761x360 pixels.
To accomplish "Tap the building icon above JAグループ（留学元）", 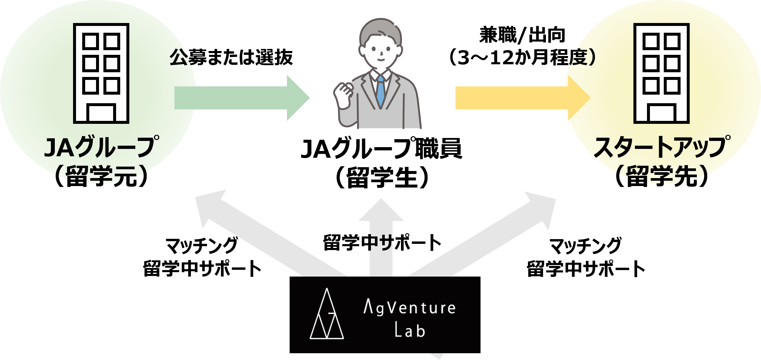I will pyautogui.click(x=101, y=73).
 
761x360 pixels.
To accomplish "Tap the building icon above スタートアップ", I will pyautogui.click(x=661, y=73).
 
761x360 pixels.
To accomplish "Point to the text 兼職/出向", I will pyautogui.click(x=522, y=35).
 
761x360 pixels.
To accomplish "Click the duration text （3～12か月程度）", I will pyautogui.click(x=522, y=57).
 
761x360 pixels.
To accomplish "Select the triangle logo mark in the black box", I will pyautogui.click(x=326, y=315).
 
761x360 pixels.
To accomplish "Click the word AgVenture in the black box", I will pyautogui.click(x=410, y=308).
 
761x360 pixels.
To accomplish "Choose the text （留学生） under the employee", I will pyautogui.click(x=382, y=177).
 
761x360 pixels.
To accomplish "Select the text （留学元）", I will pyautogui.click(x=101, y=176).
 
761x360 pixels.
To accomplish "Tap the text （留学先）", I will pyautogui.click(x=661, y=176).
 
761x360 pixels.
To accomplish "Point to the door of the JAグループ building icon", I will pyautogui.click(x=101, y=113).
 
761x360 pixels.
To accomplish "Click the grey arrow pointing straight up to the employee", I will pyautogui.click(x=381, y=236).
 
